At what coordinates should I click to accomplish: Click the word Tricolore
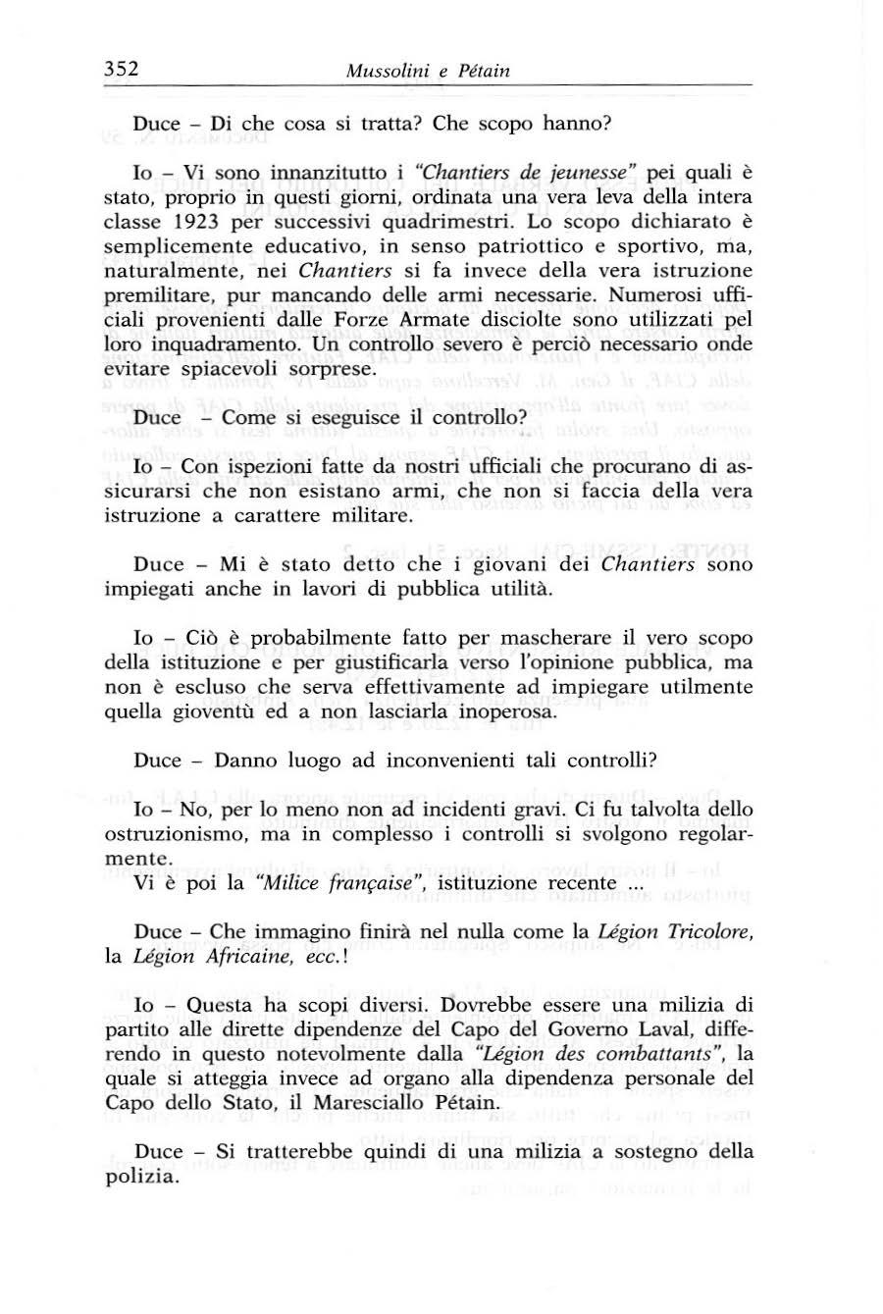709,931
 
